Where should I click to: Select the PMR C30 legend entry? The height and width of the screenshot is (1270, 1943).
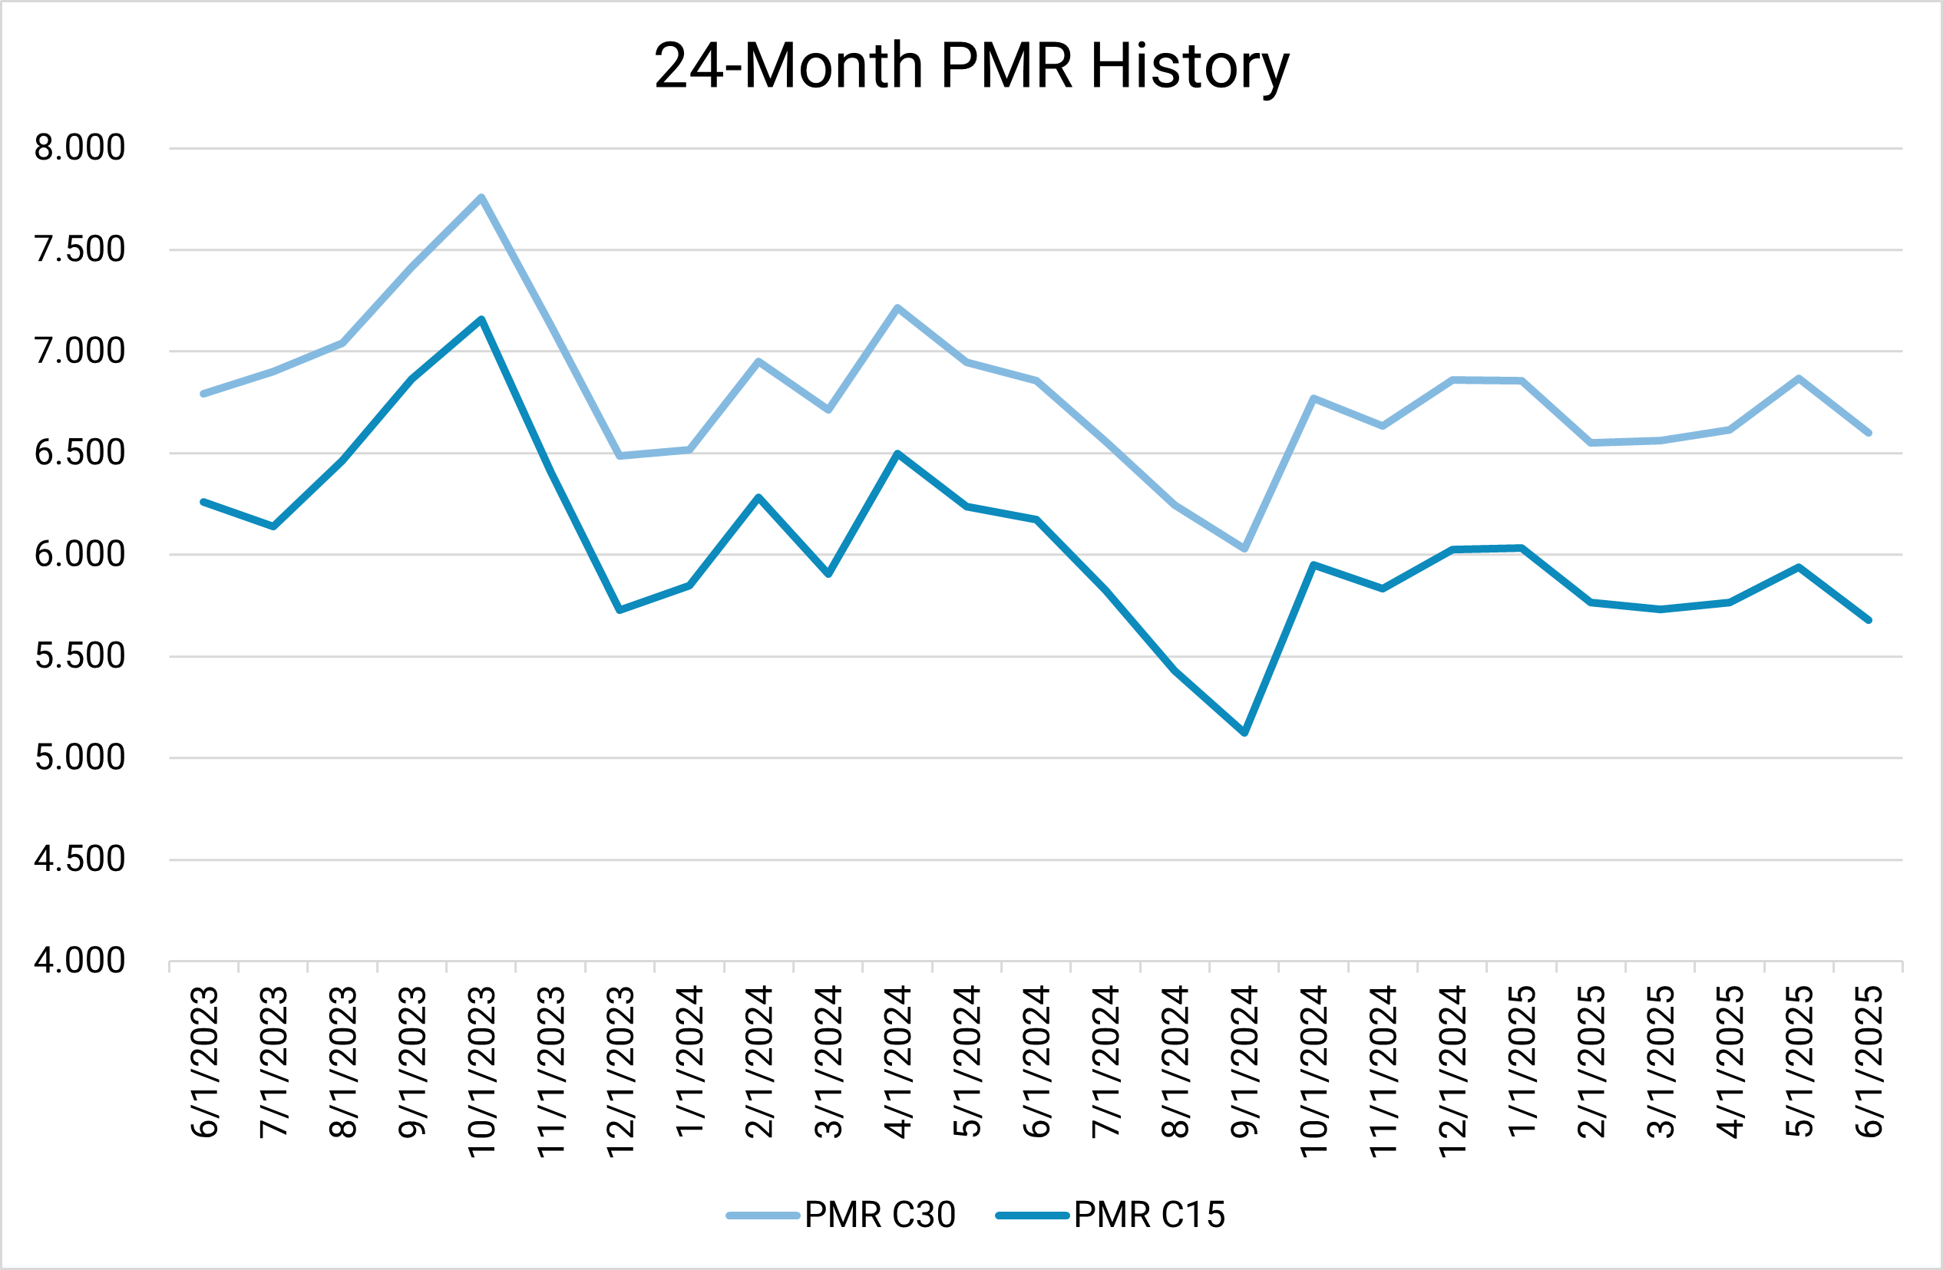tap(841, 1215)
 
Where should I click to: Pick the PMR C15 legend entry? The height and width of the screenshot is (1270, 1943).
tap(1110, 1215)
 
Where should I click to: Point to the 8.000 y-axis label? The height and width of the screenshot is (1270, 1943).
tap(80, 148)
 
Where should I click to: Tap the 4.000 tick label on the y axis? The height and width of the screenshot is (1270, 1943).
tap(80, 961)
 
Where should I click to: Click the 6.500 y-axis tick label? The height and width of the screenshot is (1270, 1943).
tap(80, 452)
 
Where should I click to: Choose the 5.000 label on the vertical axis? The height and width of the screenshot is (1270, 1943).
tap(80, 757)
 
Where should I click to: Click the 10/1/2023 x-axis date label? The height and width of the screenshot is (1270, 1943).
tap(481, 1070)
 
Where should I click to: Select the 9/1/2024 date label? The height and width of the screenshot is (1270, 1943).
tap(1244, 1061)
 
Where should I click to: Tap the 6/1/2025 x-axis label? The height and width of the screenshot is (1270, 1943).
tap(1869, 1061)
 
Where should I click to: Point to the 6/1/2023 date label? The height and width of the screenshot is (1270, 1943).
tap(204, 1061)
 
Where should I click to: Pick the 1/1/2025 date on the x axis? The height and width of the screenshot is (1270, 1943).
tap(1522, 1061)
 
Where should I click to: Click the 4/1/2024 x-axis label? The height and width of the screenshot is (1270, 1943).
tap(897, 1061)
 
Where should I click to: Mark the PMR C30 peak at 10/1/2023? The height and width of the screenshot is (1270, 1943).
tap(481, 197)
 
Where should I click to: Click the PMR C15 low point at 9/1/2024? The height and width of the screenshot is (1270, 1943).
tap(1244, 732)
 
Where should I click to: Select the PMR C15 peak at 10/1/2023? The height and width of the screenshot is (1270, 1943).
tap(481, 319)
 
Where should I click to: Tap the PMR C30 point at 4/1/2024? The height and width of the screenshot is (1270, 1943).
tap(897, 308)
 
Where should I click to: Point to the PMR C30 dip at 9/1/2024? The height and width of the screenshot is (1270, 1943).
tap(1244, 549)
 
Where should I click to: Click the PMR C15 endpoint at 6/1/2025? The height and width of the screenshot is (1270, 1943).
tap(1869, 620)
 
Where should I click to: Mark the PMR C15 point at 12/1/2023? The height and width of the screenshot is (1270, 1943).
tap(620, 610)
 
